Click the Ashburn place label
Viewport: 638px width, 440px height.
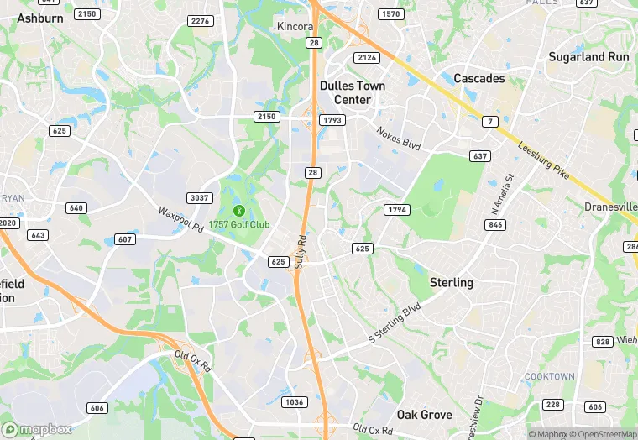coord(40,18)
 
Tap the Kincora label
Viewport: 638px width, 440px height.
coord(295,27)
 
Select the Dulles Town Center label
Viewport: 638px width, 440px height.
coord(353,92)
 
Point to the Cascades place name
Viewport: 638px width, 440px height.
coord(479,78)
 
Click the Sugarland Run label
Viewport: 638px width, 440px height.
coord(588,57)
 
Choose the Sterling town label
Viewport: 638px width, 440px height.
coord(452,282)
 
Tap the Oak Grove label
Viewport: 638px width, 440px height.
coord(424,415)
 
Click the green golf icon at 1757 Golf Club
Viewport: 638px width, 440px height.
coord(238,211)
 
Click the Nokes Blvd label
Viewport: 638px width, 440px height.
coord(398,139)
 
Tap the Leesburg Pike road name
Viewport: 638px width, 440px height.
coord(544,159)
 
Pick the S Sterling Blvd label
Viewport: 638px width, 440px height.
coord(394,324)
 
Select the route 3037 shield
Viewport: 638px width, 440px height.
coord(199,197)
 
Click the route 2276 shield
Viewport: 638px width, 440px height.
coord(201,21)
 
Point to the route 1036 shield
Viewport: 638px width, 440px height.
coord(295,402)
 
